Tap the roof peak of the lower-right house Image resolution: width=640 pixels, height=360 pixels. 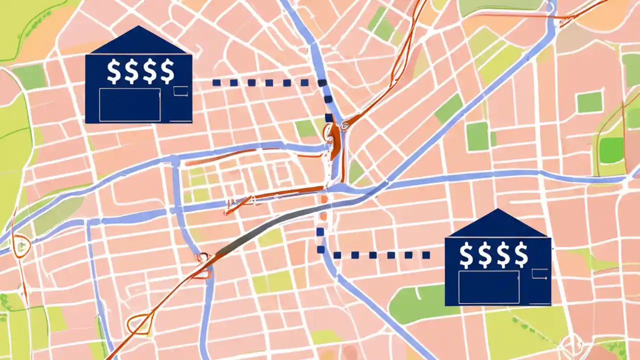[497, 212]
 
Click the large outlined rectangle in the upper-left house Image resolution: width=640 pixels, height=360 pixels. [129, 104]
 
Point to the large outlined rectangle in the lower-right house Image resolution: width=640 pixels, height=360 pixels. [488, 287]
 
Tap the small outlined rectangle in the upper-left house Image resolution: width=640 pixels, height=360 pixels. [180, 90]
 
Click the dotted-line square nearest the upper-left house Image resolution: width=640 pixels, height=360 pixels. [216, 82]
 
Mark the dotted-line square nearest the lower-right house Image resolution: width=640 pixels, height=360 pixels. [426, 255]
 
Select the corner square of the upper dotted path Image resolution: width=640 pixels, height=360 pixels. [322, 83]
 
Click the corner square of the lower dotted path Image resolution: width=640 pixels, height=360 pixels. [321, 249]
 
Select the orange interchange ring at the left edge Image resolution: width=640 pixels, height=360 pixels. [21, 245]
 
